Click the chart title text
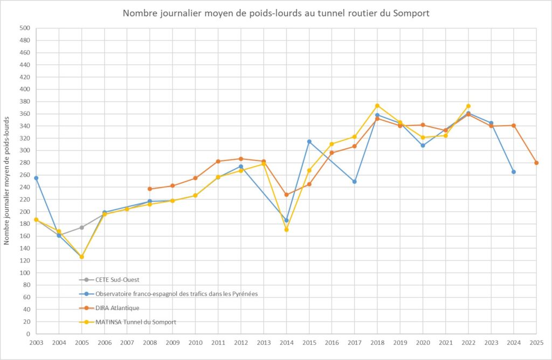point(276,13)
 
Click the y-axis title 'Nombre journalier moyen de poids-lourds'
point(7,180)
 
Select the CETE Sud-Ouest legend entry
point(113,280)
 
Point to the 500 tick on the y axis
point(24,28)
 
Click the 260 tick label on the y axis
point(24,175)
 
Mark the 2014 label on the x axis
point(286,343)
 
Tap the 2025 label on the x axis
point(536,343)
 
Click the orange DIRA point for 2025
point(536,163)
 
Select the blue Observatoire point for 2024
point(514,172)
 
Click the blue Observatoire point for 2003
point(36,178)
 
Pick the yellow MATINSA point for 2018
point(377,106)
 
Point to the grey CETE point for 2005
point(82,227)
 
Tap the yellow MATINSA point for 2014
point(286,230)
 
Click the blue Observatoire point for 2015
point(309,141)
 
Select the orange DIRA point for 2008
point(150,189)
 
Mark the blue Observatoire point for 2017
point(355,182)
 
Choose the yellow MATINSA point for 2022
point(468,106)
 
